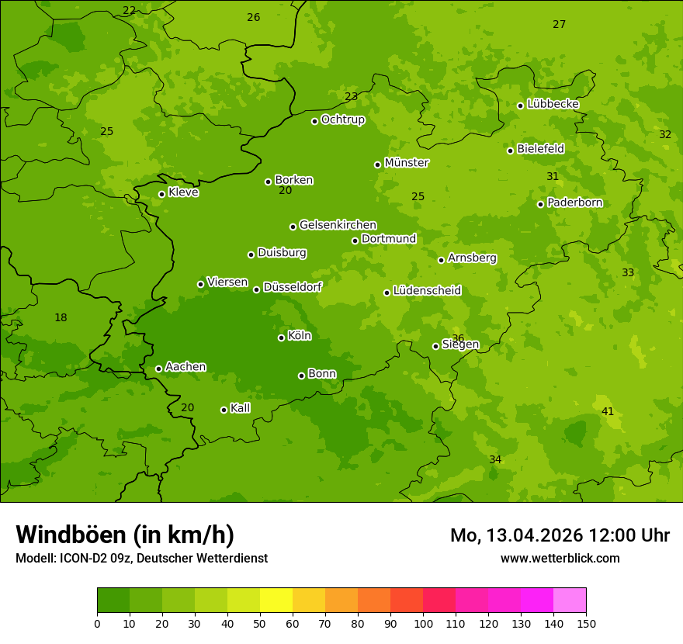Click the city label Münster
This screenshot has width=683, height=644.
[x=406, y=163]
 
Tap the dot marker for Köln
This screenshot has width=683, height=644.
[x=281, y=338]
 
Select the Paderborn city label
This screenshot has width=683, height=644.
[x=574, y=203]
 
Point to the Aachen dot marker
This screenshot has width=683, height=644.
[x=158, y=369]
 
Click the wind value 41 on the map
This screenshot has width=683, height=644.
[x=608, y=411]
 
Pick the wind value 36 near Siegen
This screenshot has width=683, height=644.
[x=458, y=338]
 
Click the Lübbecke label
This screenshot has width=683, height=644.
[x=553, y=104]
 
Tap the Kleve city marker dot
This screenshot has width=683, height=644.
[x=161, y=194]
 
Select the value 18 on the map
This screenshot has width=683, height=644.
[x=61, y=317]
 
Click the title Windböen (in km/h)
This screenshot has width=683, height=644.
[x=125, y=535]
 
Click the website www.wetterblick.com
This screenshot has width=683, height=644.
[x=560, y=558]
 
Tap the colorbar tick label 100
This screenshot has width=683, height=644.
[x=423, y=623]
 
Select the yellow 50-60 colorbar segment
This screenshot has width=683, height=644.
[x=276, y=601]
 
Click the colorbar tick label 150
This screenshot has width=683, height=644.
[x=586, y=623]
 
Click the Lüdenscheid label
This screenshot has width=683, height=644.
[x=427, y=291]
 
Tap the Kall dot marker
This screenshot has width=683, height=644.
[x=224, y=410]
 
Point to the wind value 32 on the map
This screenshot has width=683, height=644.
[x=665, y=134]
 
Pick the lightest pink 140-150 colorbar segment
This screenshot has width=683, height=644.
[x=570, y=601]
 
